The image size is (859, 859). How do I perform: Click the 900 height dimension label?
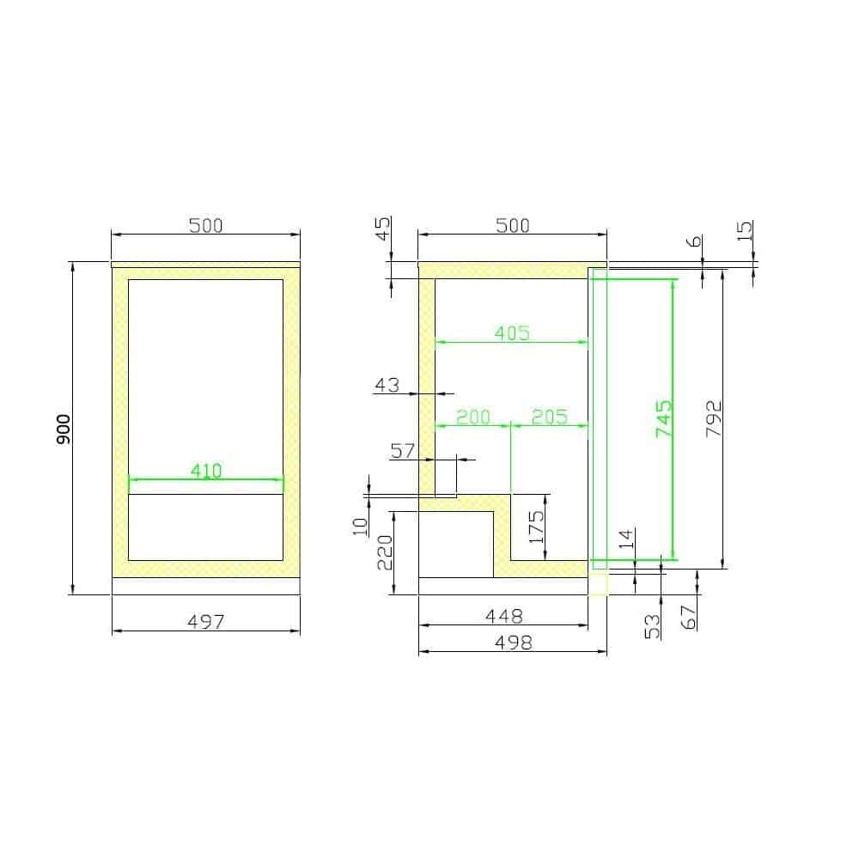(64, 429)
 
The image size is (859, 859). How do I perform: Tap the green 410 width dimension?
(206, 471)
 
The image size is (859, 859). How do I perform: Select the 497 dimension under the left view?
(206, 622)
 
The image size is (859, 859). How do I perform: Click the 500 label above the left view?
(206, 225)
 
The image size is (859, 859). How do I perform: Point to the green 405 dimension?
(512, 333)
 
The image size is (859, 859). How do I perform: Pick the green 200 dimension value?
(473, 417)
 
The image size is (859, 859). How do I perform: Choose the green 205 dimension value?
(550, 417)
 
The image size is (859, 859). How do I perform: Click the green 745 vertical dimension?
(663, 418)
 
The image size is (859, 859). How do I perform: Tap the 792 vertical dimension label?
(713, 418)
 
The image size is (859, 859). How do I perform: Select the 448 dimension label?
(504, 616)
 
